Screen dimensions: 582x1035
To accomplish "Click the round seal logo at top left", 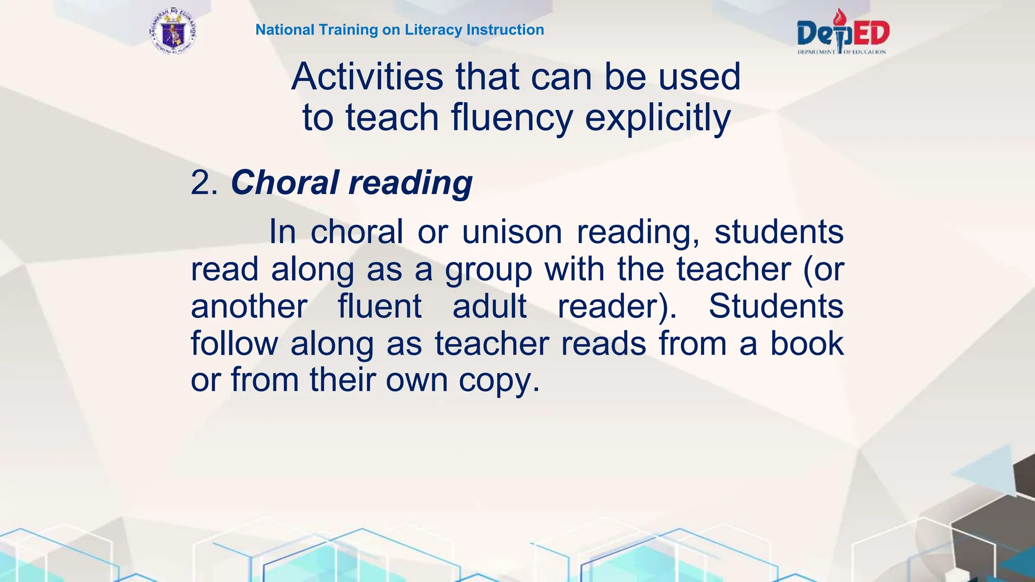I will [173, 31].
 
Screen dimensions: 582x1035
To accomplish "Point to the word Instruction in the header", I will [505, 30].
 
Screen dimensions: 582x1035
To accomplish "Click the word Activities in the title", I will [367, 77].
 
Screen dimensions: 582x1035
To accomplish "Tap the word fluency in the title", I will [512, 118].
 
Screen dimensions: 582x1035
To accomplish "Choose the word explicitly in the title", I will [657, 118].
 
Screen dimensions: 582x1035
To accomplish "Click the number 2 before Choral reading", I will [201, 182].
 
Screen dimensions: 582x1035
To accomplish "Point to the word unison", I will [512, 232].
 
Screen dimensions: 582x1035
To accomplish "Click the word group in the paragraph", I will [488, 269].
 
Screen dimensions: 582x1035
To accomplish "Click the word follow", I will [234, 344].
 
